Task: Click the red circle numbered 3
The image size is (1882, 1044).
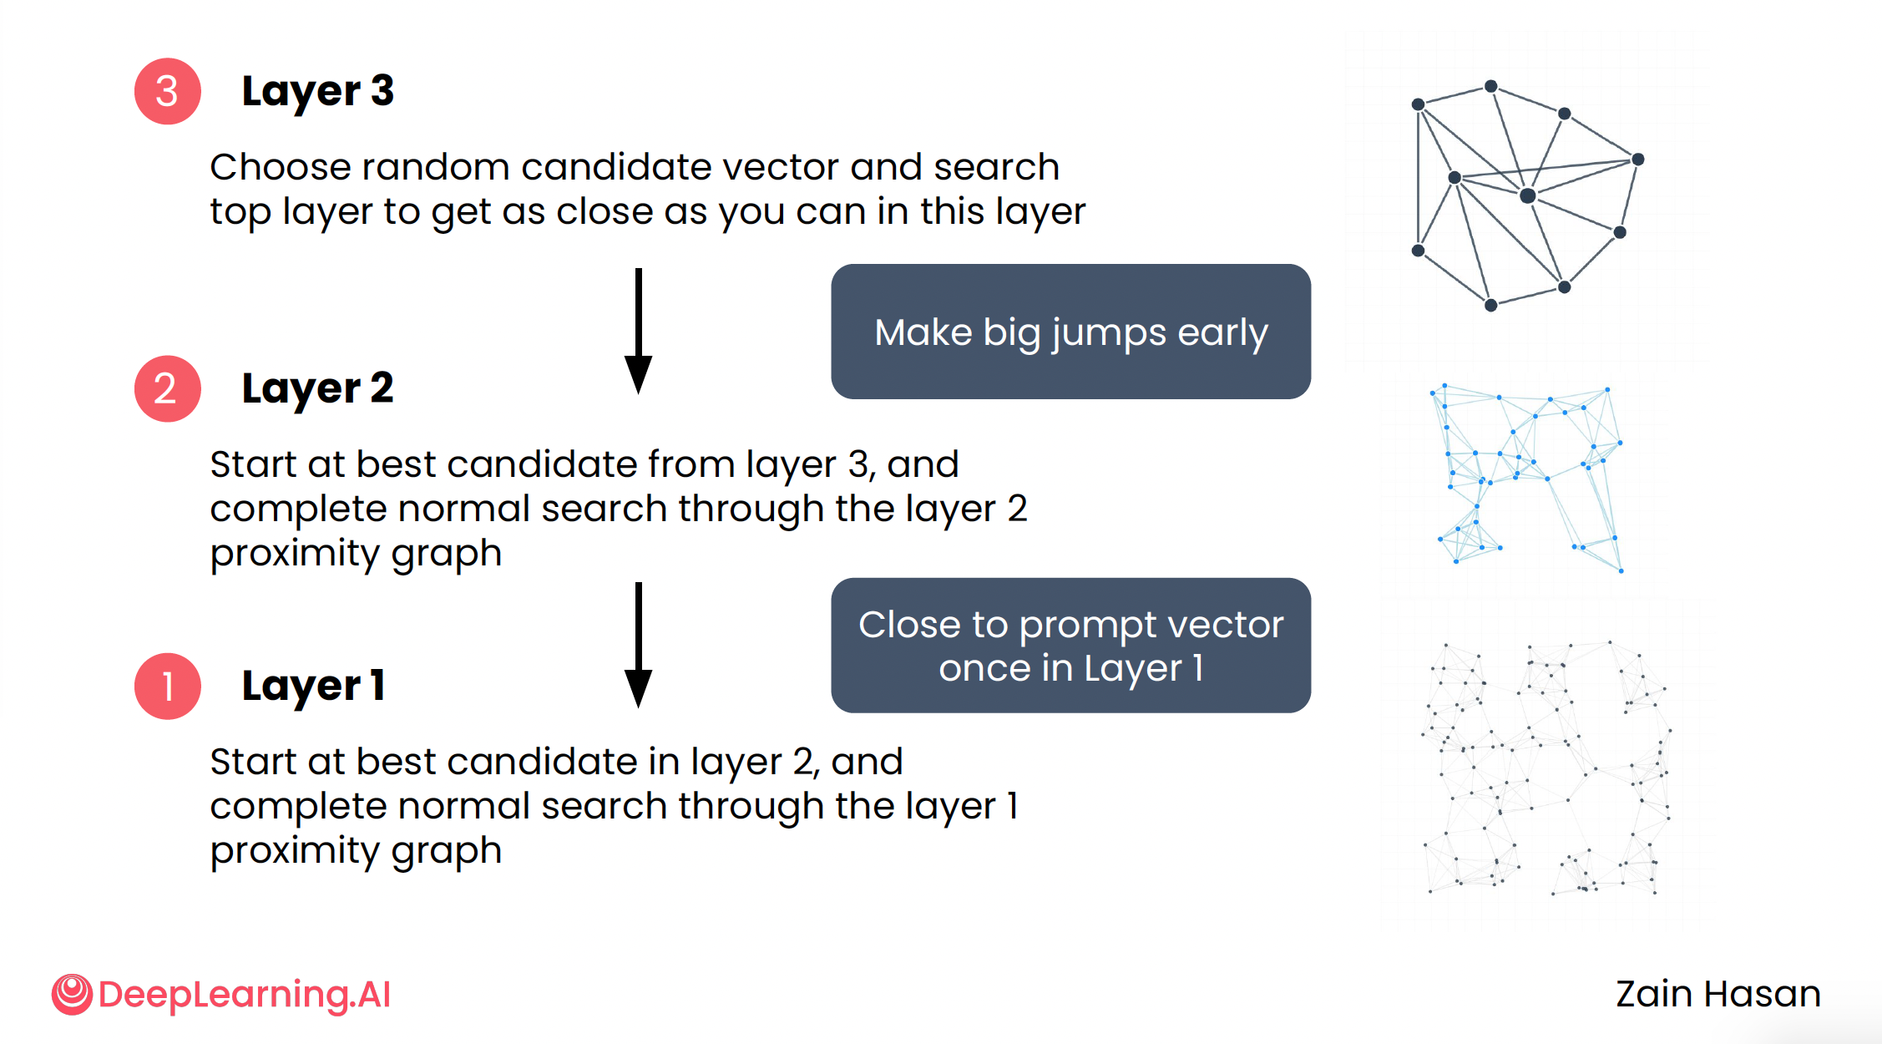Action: click(167, 91)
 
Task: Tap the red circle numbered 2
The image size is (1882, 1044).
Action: click(167, 388)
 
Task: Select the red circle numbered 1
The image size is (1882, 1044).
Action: click(167, 686)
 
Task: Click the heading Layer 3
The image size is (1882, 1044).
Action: click(317, 91)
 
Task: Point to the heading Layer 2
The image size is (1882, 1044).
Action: click(317, 388)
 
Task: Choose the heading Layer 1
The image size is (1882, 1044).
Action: click(313, 686)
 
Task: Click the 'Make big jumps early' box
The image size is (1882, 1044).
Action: click(1070, 332)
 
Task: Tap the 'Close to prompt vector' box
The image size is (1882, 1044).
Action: click(1070, 645)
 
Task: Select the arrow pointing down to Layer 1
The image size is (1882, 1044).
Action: click(638, 644)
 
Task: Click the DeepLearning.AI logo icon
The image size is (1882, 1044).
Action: click(72, 994)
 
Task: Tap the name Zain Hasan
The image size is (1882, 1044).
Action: click(1718, 994)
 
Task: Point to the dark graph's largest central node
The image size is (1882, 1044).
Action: click(1527, 195)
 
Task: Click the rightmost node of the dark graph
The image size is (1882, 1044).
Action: click(1637, 159)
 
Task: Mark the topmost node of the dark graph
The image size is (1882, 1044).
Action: click(1490, 86)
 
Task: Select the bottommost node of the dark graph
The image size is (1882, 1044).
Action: click(1490, 305)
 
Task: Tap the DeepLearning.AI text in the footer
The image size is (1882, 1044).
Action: click(244, 994)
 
